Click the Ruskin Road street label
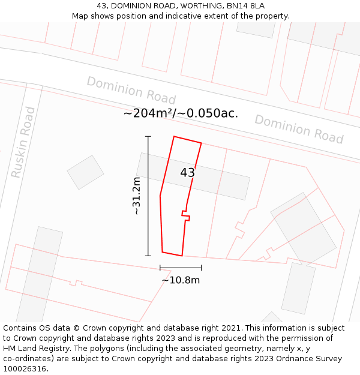[23, 142]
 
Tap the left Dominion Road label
[131, 91]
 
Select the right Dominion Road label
[299, 129]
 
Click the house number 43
[188, 173]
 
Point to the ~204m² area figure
[148, 113]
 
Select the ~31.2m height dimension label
[137, 196]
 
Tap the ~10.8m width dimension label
[181, 280]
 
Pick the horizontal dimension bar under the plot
[181, 268]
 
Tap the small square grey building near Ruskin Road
[85, 172]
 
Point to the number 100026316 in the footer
[24, 369]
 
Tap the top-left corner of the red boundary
[174, 137]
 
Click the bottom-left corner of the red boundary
[162, 252]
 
